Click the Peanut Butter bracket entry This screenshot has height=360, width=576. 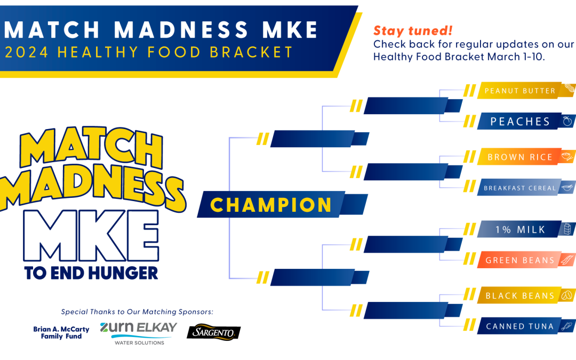[x=526, y=90]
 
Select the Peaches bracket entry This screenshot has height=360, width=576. [x=526, y=121]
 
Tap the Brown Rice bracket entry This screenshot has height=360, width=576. [x=526, y=157]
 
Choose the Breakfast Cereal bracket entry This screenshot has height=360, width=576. [x=526, y=188]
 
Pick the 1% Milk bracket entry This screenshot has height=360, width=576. [x=526, y=229]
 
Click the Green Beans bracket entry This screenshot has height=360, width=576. [x=526, y=260]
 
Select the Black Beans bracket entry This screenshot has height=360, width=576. [x=526, y=295]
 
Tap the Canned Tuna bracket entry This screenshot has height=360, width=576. [x=526, y=326]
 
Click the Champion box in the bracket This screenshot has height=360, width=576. [x=282, y=205]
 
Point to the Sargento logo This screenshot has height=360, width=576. [x=213, y=332]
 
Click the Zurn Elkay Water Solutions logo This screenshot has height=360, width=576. [x=139, y=333]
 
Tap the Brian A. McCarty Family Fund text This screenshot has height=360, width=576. [x=61, y=333]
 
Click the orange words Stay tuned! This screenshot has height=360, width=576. [x=413, y=31]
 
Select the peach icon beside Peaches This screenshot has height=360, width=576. [x=567, y=121]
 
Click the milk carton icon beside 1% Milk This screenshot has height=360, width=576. [x=567, y=229]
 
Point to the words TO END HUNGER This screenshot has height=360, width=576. [x=91, y=273]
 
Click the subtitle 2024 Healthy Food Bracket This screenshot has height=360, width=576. [x=149, y=52]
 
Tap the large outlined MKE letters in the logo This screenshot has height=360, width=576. [x=91, y=236]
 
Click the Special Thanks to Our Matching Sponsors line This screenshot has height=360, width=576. [x=137, y=312]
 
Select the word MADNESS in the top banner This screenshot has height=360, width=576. [x=181, y=30]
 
